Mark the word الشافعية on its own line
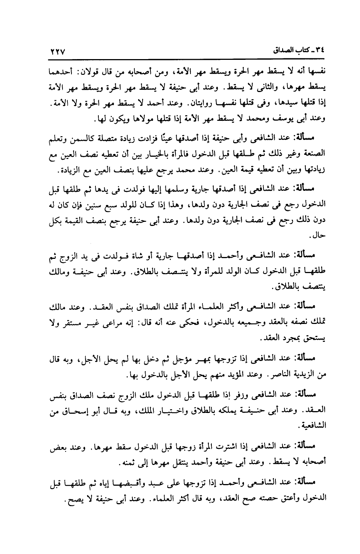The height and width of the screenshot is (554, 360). [x=312, y=426]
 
